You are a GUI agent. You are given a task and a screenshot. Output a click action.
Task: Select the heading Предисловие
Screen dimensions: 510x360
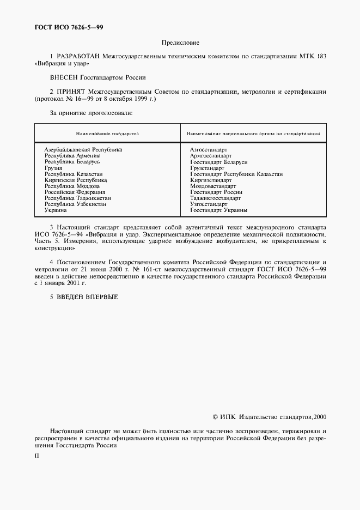180,42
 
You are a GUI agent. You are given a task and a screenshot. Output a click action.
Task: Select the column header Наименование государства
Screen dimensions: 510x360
107,133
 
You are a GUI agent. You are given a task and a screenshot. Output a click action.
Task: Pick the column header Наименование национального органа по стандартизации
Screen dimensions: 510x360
253,133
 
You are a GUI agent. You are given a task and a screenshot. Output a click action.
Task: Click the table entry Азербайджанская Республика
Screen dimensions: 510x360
83,149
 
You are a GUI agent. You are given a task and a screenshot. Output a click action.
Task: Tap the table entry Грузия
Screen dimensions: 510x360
53,168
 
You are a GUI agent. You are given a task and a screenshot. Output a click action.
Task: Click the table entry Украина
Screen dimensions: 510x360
56,210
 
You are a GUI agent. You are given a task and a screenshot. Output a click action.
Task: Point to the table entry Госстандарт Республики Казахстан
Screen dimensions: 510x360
236,174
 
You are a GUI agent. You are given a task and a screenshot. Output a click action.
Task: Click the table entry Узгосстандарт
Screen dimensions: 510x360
209,204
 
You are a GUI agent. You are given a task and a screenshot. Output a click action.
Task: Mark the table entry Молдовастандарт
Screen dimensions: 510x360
213,186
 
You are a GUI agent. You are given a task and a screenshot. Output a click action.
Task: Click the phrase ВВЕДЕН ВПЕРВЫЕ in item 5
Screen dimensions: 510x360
87,297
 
